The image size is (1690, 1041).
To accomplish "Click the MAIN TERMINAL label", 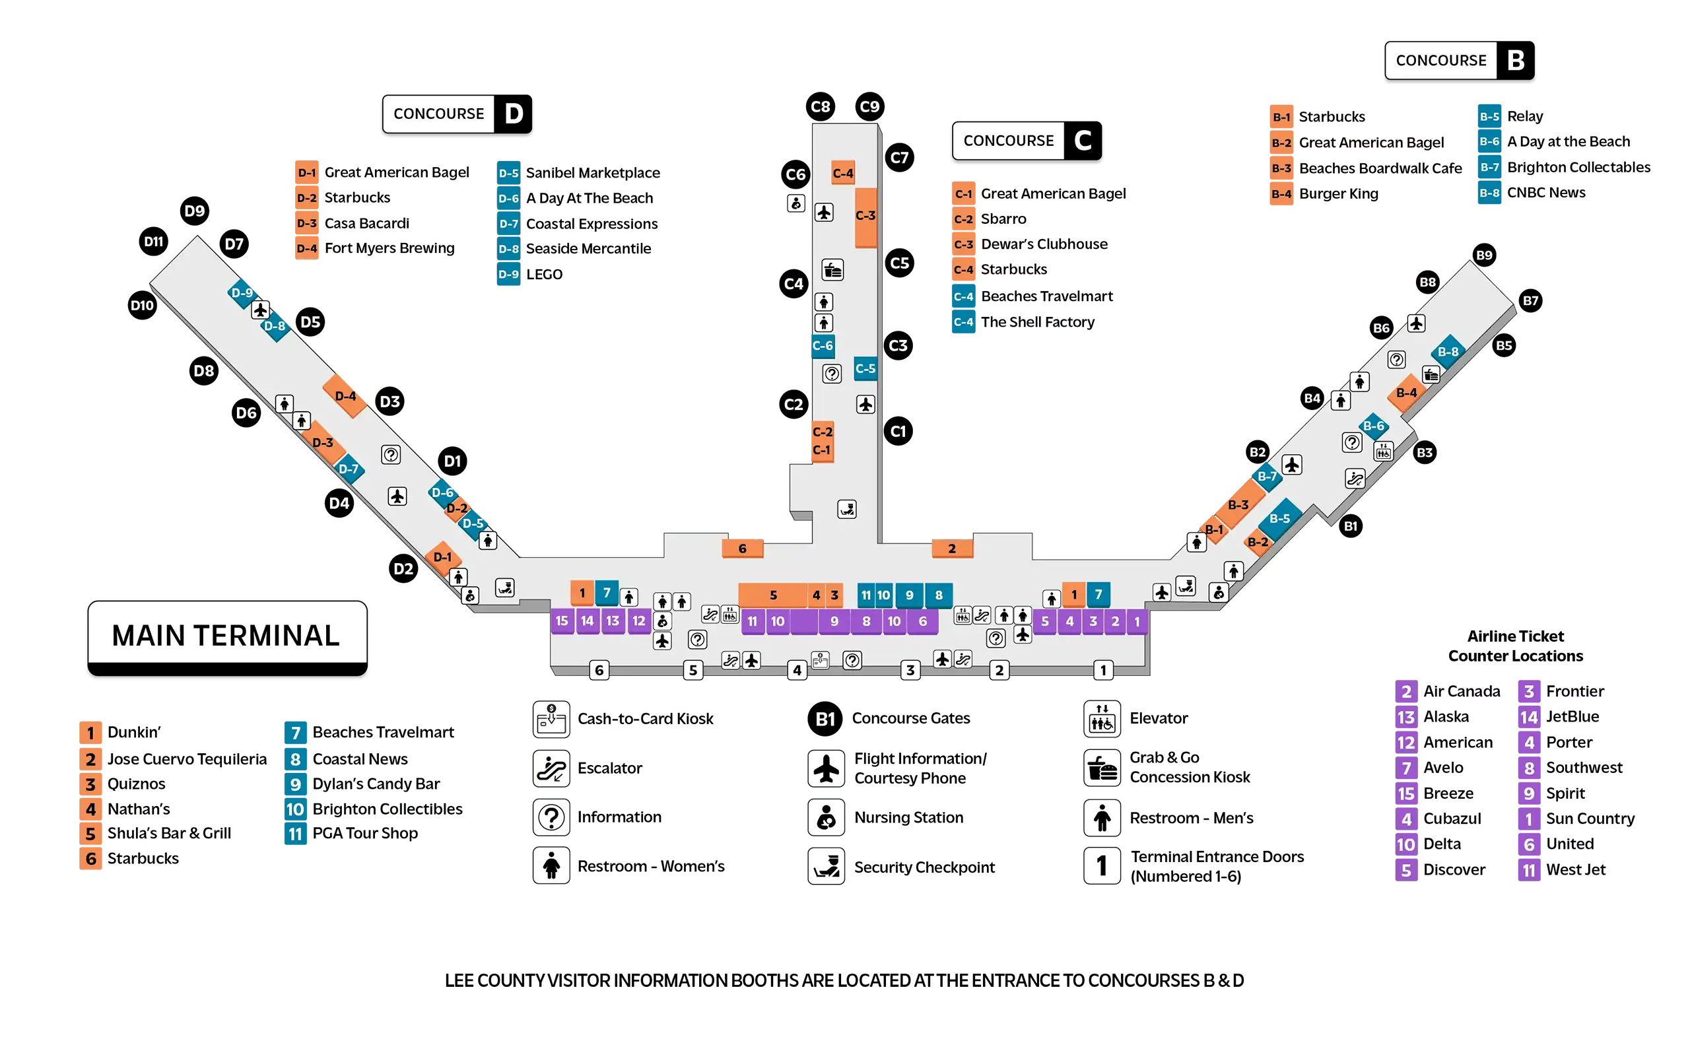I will [x=226, y=635].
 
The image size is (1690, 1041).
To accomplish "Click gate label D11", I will [x=154, y=242].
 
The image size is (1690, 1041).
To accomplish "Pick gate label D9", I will [x=194, y=211].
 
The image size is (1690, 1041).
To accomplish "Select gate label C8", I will [x=820, y=107].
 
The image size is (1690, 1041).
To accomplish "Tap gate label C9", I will [x=869, y=107].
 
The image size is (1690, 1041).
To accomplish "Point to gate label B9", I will [x=1484, y=255].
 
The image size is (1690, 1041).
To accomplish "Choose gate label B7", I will [x=1530, y=301].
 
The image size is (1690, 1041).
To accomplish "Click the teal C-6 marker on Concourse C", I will [x=823, y=346].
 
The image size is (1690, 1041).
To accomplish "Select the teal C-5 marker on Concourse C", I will [x=865, y=369].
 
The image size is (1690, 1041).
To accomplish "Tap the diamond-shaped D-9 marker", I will [x=242, y=292].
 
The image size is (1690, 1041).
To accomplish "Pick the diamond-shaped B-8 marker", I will [x=1448, y=352].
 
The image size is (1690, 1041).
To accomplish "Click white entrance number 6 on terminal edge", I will [x=599, y=670].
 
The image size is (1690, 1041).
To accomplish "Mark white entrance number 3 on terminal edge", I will [x=910, y=670].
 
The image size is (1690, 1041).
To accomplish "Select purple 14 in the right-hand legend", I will [x=1529, y=718].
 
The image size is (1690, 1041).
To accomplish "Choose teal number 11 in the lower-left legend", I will [x=295, y=834].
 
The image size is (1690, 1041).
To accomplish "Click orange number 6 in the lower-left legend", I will [x=91, y=859].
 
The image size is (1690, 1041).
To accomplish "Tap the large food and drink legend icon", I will [x=1101, y=768].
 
